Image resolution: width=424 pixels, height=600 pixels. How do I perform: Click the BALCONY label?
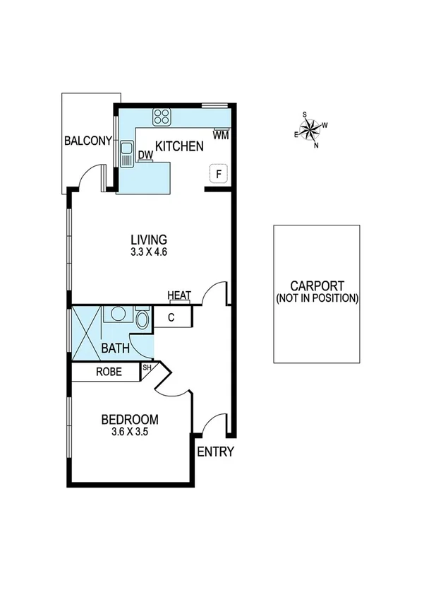(x=87, y=141)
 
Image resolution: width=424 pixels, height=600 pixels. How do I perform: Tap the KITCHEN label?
(x=179, y=147)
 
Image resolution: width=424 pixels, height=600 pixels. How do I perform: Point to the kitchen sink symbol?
(x=127, y=155)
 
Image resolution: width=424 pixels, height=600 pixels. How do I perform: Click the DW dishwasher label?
(x=145, y=155)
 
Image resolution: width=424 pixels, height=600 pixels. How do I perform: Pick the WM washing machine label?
(x=220, y=134)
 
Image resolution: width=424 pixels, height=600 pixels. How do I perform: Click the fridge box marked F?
(x=219, y=174)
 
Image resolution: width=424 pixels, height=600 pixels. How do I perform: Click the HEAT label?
(x=179, y=295)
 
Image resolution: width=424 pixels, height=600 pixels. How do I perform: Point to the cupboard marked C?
(x=171, y=318)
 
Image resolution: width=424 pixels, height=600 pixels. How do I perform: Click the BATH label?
(x=114, y=348)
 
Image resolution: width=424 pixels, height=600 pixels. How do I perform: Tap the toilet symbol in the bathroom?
(x=142, y=319)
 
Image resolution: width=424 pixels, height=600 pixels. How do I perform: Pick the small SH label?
(x=147, y=368)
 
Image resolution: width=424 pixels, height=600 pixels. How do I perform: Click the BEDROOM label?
(x=129, y=418)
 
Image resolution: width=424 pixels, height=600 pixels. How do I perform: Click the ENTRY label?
(x=214, y=452)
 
